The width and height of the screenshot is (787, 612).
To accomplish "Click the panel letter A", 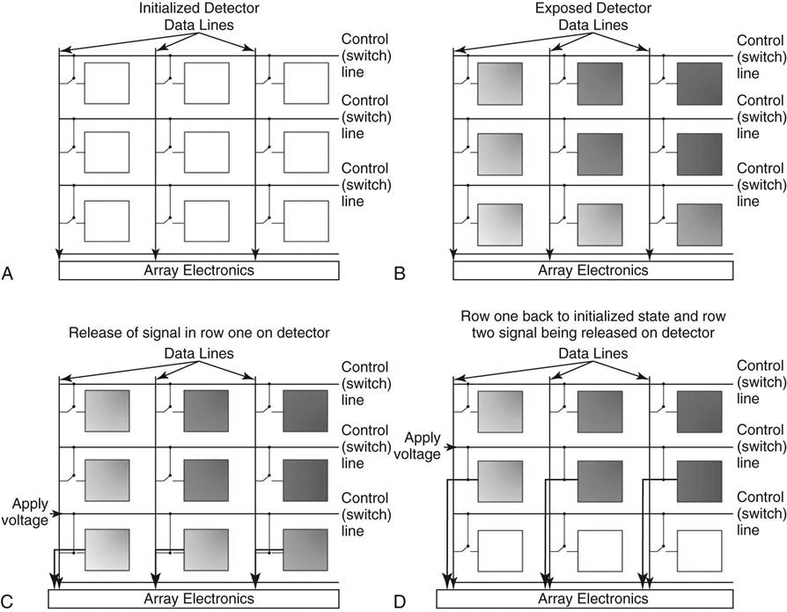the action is (7, 274).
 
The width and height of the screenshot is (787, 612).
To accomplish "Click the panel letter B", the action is (400, 274).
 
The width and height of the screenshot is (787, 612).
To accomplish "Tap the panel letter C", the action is (7, 601).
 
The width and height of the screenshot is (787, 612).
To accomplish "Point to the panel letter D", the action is (400, 601).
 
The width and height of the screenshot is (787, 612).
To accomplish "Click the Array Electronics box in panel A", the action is (199, 270).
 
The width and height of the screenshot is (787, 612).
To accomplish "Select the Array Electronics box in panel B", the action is (592, 270).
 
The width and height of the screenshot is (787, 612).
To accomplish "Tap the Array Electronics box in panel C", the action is (194, 599).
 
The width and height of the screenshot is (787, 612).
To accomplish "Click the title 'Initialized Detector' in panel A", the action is (199, 9).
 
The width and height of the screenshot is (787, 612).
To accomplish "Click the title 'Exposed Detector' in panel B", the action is (593, 9).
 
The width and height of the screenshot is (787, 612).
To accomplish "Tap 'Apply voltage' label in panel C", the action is (26, 512).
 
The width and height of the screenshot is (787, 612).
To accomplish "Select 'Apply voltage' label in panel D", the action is (417, 446).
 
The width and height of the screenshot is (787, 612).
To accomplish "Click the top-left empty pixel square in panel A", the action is (107, 84).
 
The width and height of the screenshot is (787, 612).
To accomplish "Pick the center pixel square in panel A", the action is (207, 152).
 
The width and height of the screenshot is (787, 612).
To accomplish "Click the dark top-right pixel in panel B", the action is (700, 84).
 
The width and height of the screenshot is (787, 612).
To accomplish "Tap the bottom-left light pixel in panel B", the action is (500, 225).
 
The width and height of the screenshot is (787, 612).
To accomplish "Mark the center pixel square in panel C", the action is (206, 480).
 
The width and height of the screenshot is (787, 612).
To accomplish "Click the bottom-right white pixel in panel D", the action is (700, 550).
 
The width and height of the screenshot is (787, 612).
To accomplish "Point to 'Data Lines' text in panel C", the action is (199, 353).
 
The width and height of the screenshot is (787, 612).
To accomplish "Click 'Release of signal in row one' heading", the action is (163, 333).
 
